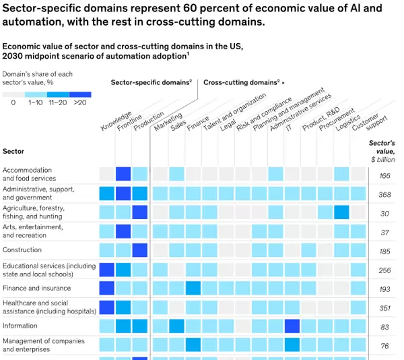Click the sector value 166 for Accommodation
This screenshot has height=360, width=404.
click(x=384, y=176)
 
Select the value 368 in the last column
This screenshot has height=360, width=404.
click(x=384, y=195)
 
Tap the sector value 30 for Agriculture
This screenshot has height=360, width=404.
click(x=384, y=214)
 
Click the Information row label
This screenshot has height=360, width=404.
click(x=20, y=326)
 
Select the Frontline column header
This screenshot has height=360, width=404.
click(x=129, y=119)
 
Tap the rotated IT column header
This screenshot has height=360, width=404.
click(x=289, y=126)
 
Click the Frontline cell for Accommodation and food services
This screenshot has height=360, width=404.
click(x=123, y=174)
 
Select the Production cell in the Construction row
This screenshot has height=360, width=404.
click(x=140, y=250)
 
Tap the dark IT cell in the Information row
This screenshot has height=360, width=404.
click(x=292, y=326)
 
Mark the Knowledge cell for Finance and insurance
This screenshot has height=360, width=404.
click(x=106, y=289)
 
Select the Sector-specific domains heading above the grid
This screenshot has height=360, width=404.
click(x=151, y=82)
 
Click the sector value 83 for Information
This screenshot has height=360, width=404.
click(x=384, y=327)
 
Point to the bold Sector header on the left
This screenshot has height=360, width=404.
click(x=13, y=152)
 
